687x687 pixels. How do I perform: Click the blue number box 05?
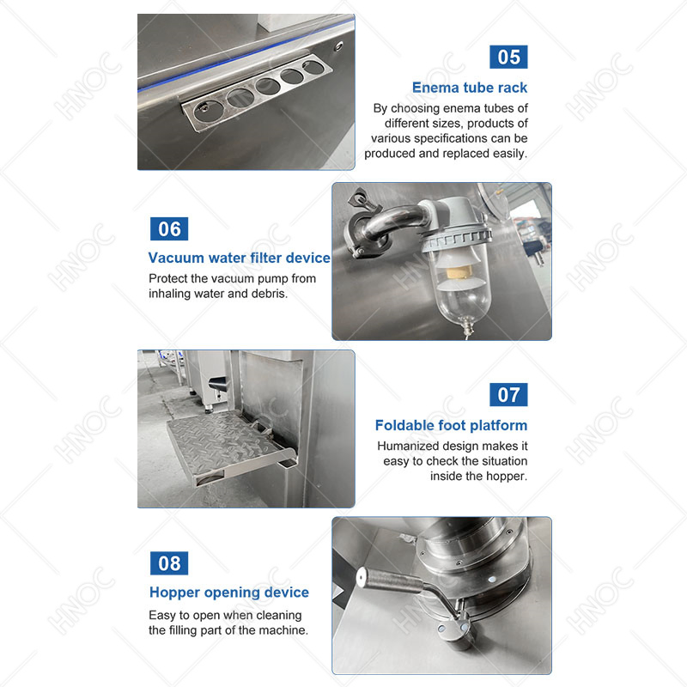pos(508,57)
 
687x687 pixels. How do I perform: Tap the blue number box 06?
pos(169,228)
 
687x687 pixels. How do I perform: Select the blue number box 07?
pos(508,395)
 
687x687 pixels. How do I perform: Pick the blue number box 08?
pos(169,563)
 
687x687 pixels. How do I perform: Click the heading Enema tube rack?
pos(470,88)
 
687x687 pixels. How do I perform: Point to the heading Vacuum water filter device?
pos(240,258)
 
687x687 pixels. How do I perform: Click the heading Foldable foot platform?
pos(452,425)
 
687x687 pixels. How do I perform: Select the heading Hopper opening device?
pos(229,593)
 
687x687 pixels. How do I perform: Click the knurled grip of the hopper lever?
pos(390,582)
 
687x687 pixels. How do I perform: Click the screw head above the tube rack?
pos(338,46)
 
